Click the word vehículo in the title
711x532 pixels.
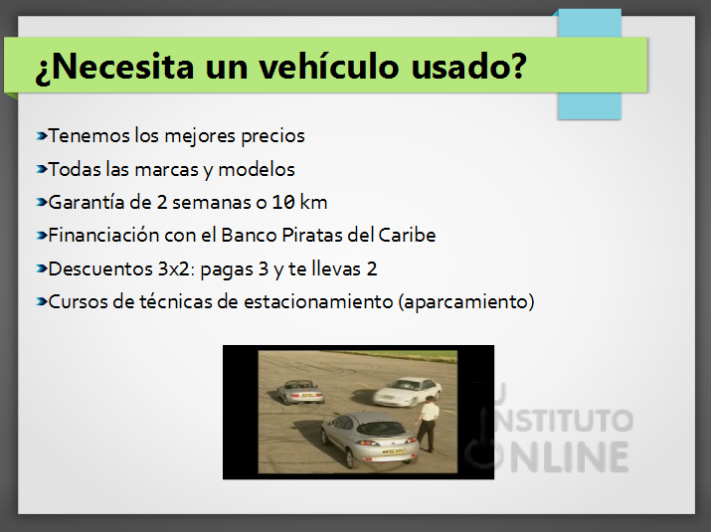tap(329, 67)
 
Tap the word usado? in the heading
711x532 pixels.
tap(468, 67)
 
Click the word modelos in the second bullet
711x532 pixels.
tap(257, 170)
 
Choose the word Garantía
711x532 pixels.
tap(87, 202)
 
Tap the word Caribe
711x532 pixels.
tap(407, 236)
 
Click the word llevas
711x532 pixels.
tap(336, 268)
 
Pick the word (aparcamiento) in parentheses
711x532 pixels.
tap(466, 302)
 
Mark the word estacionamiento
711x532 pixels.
tap(318, 302)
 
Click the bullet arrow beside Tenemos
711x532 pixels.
tap(42, 135)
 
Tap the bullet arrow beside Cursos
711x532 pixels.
tap(42, 301)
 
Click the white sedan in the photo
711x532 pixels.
tap(407, 392)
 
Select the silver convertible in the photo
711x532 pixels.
tap(300, 392)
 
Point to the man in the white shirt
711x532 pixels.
tap(428, 424)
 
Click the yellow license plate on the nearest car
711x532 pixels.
tap(393, 451)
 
